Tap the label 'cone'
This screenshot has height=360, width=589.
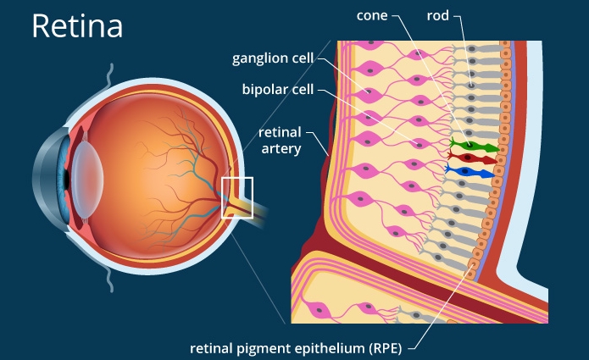coord(375,16)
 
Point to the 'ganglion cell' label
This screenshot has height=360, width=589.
coord(272,58)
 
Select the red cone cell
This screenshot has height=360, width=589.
coord(475,158)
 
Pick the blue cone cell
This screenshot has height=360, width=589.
coord(475,173)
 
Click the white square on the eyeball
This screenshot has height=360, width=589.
coord(237,197)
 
